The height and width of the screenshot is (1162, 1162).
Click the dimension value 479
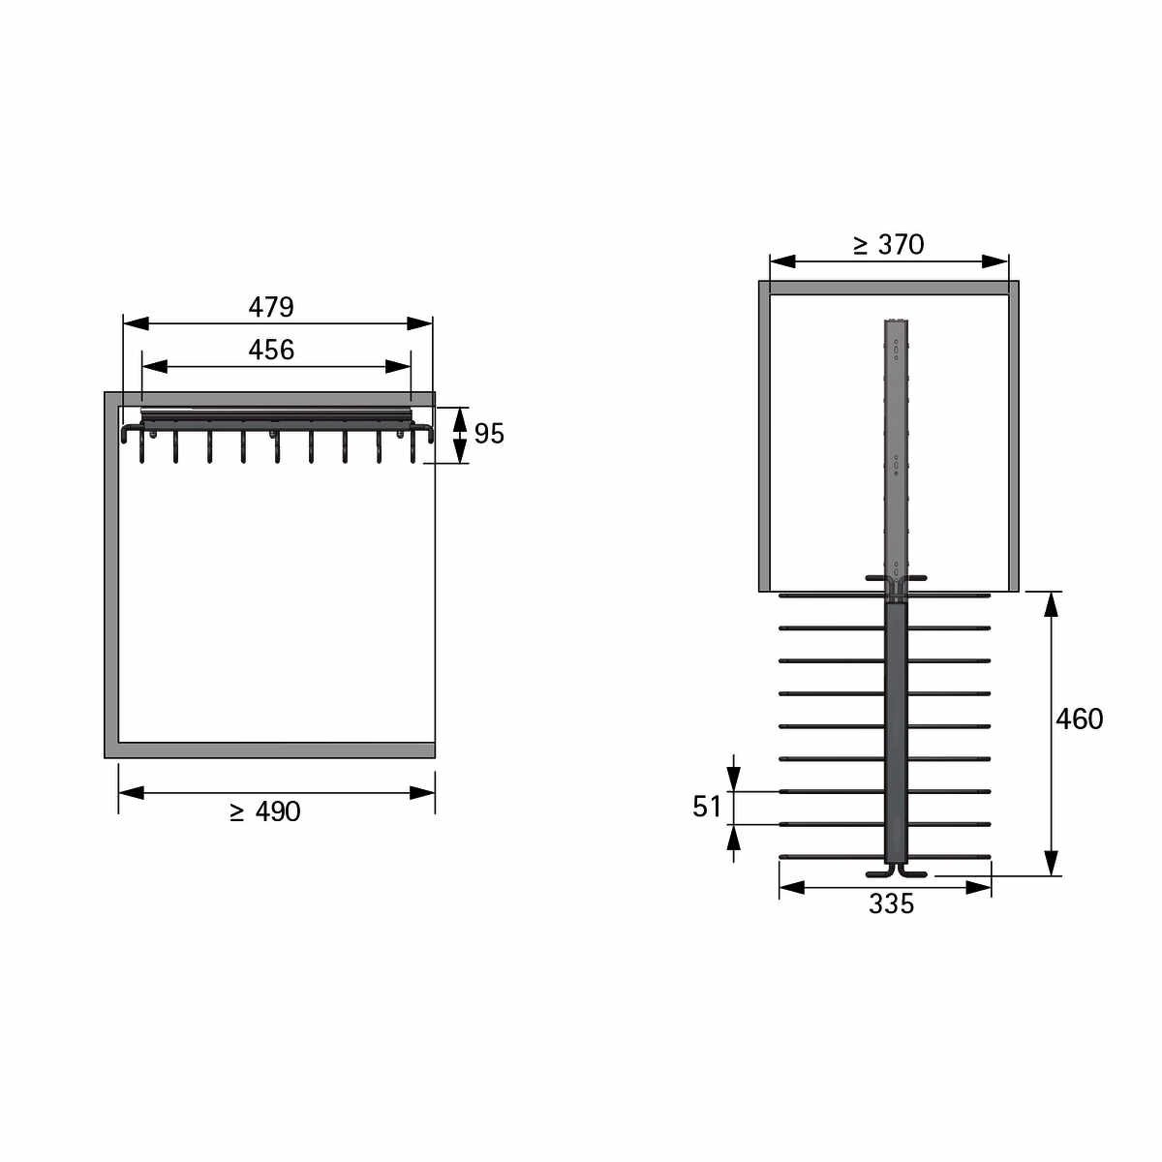coord(271,307)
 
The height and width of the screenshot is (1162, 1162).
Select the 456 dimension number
coord(271,350)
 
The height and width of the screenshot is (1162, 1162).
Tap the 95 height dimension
coord(488,434)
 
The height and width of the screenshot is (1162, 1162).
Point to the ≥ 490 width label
coord(264,811)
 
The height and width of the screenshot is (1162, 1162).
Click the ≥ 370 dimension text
coord(888,244)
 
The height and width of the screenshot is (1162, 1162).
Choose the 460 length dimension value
coord(1079,719)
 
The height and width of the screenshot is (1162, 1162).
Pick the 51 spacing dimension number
coord(707,807)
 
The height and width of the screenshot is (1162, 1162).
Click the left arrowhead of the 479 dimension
coord(136,323)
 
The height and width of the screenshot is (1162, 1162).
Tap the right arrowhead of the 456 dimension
coord(398,366)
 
